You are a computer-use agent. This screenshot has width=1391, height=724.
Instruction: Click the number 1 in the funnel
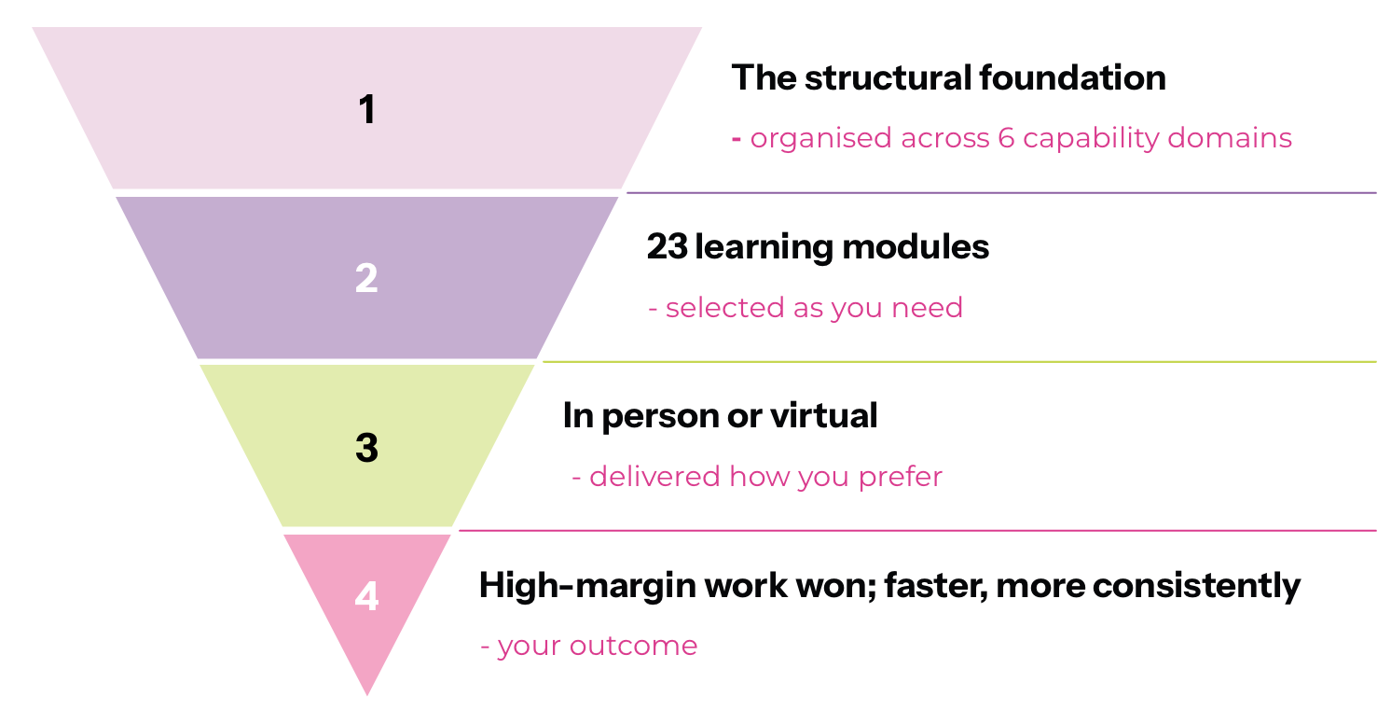click(367, 109)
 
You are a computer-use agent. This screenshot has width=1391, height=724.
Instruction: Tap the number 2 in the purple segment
click(366, 278)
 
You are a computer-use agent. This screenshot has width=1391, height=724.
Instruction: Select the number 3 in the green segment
click(367, 447)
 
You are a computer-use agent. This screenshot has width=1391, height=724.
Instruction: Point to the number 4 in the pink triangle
click(366, 596)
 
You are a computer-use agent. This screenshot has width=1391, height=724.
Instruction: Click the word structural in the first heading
click(888, 77)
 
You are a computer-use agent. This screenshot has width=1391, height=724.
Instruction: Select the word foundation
click(1072, 77)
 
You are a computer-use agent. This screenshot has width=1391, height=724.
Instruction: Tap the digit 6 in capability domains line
click(1006, 138)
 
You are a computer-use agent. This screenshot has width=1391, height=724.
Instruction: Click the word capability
click(1091, 139)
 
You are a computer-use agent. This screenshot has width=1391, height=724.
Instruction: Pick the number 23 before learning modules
click(668, 246)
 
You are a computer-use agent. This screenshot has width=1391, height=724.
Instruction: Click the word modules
click(916, 246)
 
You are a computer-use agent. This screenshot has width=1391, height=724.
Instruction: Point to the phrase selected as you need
click(814, 308)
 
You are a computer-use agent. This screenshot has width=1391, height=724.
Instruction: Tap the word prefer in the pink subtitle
click(900, 478)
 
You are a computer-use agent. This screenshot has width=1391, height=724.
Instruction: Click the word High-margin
click(587, 586)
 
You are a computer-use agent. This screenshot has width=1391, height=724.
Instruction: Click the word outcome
click(633, 646)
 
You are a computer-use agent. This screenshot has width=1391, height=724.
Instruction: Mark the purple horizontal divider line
click(1001, 193)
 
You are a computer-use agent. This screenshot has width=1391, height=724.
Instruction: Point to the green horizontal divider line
click(959, 362)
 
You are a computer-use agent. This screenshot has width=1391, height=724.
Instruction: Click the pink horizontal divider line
click(917, 531)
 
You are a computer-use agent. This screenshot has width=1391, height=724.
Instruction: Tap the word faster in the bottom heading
click(936, 586)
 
